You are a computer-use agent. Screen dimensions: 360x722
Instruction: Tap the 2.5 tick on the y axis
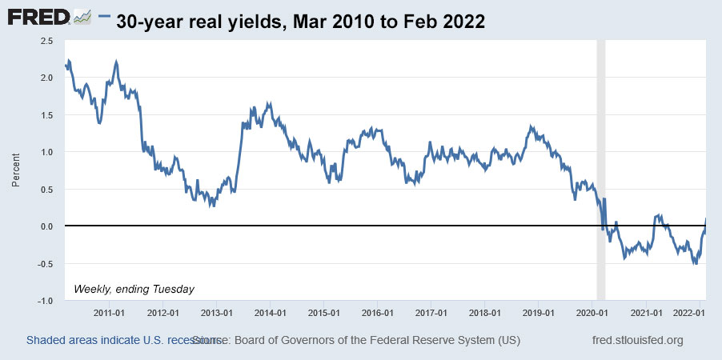click(47, 40)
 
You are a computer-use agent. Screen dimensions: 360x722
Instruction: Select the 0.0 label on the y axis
click(47, 226)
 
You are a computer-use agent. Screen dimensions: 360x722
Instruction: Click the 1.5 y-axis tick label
click(47, 115)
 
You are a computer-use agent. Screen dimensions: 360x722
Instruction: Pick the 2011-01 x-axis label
click(108, 312)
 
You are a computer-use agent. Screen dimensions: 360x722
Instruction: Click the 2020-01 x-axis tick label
click(592, 312)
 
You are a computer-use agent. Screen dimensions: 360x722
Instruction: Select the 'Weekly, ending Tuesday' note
click(134, 288)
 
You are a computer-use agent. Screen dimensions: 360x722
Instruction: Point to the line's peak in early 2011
click(117, 61)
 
